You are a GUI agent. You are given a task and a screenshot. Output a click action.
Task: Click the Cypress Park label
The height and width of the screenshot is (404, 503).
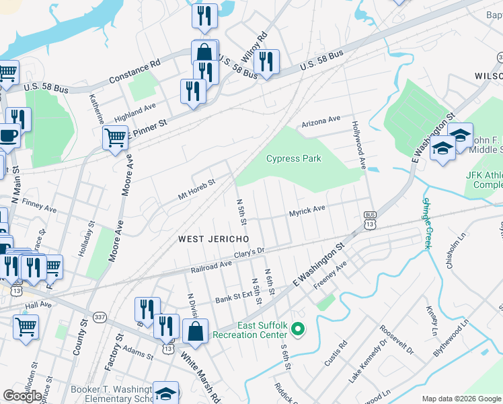point(293,159)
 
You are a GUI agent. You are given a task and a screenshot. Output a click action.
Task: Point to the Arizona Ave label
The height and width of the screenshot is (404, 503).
point(321,120)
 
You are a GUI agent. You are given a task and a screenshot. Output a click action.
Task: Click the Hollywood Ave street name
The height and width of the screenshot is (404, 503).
point(357,144)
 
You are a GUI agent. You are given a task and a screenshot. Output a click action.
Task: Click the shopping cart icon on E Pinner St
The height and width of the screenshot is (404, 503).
point(115,137)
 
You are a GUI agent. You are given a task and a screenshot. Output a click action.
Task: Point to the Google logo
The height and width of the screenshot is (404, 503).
point(22,396)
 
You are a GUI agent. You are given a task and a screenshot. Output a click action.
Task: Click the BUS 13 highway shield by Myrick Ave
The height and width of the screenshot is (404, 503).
point(370,220)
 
